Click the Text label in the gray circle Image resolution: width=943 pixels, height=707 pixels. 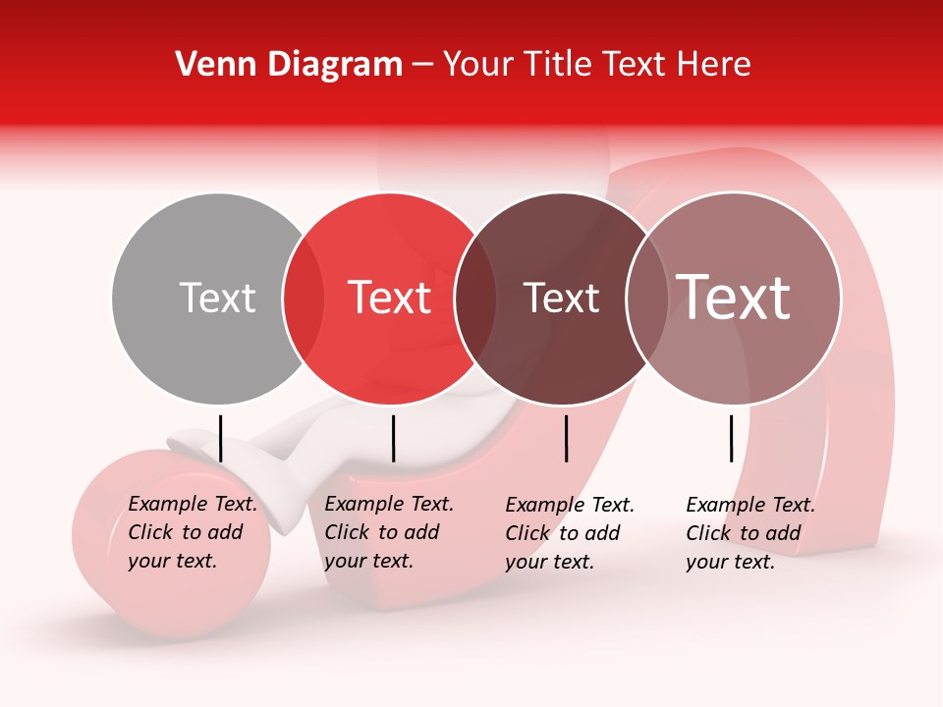click(217, 298)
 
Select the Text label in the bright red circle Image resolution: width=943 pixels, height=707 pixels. click(390, 298)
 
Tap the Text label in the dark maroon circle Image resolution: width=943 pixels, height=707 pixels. click(562, 298)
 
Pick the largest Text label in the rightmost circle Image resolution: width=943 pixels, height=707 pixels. click(734, 298)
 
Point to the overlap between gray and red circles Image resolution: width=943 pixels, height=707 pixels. click(304, 299)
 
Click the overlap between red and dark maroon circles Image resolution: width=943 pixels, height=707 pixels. click(476, 299)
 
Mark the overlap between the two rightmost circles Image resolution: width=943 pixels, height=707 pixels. click(646, 299)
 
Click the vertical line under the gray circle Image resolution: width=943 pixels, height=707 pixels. click(220, 438)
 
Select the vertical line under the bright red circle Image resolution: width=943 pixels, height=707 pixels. click(393, 438)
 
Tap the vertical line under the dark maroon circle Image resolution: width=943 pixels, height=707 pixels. click(566, 438)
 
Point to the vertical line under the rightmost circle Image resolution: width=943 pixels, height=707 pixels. click(731, 438)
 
